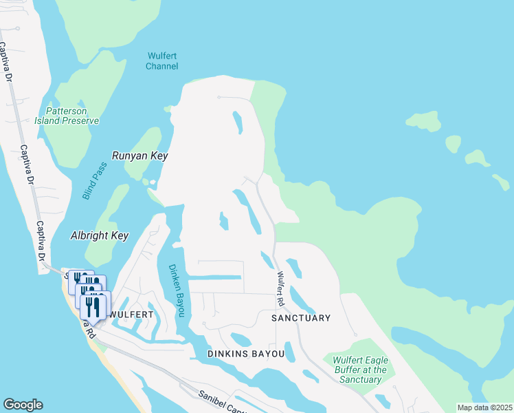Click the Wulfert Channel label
click(162, 61)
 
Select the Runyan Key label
click(140, 156)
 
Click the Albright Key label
click(100, 235)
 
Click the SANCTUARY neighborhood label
click(301, 318)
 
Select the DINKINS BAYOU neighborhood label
click(245, 354)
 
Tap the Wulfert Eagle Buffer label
click(360, 370)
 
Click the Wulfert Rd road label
click(281, 288)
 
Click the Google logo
click(23, 405)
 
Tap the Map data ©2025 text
click(484, 407)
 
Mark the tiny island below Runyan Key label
click(145, 182)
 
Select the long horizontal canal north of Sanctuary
click(214, 277)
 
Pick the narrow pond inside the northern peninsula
click(238, 123)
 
